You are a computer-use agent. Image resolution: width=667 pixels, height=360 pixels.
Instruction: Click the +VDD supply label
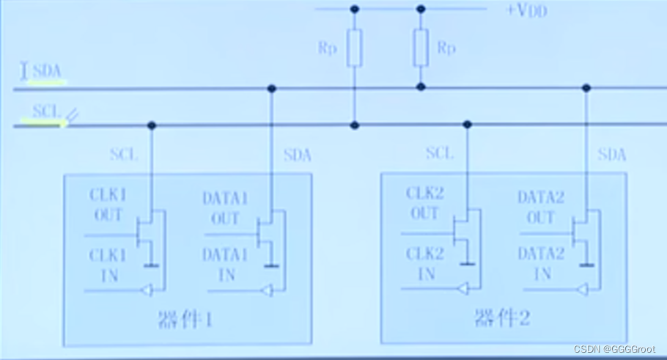click(526, 11)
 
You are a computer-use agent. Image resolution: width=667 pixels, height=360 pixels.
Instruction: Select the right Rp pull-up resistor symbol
click(421, 48)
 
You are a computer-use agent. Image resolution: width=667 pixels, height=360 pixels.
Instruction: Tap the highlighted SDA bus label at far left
click(48, 72)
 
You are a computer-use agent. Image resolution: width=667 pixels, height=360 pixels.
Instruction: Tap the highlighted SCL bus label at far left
click(46, 112)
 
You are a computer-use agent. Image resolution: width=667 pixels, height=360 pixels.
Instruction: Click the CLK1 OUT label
click(107, 205)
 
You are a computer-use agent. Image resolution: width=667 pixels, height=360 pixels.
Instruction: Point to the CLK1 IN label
click(107, 265)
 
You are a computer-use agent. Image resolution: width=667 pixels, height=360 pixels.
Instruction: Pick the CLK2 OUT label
click(424, 204)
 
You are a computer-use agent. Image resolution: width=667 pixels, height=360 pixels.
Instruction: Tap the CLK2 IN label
click(424, 264)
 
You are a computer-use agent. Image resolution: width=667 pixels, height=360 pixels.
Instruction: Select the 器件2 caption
click(503, 319)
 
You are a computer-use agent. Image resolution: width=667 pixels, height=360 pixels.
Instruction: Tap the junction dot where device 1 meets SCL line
click(152, 125)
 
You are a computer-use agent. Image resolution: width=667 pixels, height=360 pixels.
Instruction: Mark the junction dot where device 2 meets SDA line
click(586, 88)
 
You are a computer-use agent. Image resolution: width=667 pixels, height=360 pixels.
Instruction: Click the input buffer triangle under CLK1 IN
click(147, 291)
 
